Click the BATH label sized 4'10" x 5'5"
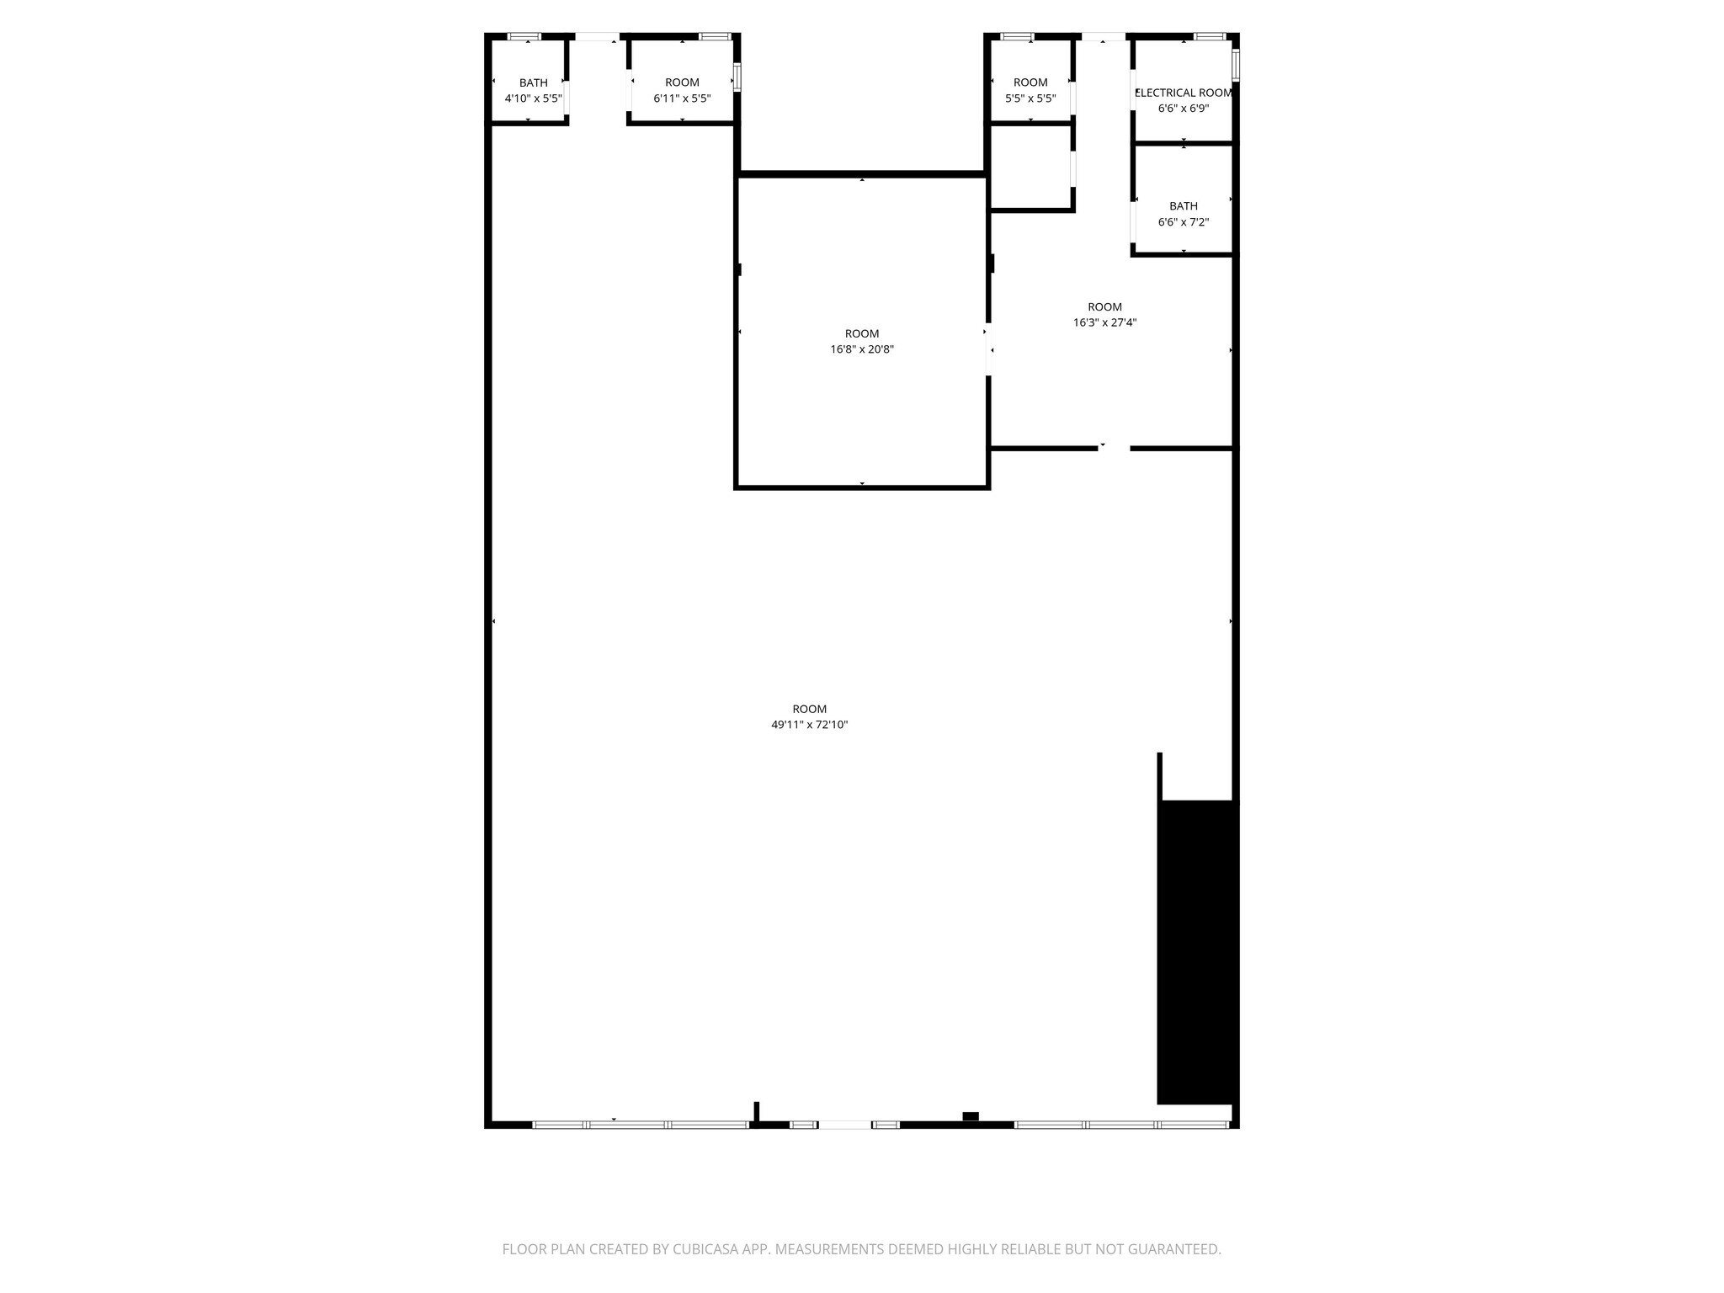point(533,82)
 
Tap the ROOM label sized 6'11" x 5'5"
point(682,82)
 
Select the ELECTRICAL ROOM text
point(1184,93)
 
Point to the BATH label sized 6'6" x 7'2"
point(1183,206)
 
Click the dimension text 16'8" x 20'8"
point(861,349)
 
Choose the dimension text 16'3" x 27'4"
point(1104,322)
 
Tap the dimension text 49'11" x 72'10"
point(809,725)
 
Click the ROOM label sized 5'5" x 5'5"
point(1030,82)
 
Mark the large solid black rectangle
point(1196,951)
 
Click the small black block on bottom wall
point(971,1116)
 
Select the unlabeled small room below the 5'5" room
point(1030,167)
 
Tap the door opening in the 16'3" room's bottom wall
point(1114,449)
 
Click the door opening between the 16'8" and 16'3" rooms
point(989,349)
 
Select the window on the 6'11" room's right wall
point(737,77)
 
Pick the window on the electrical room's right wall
point(1236,64)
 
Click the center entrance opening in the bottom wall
point(844,1125)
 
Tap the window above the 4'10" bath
point(524,36)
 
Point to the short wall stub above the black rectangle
point(1160,775)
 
